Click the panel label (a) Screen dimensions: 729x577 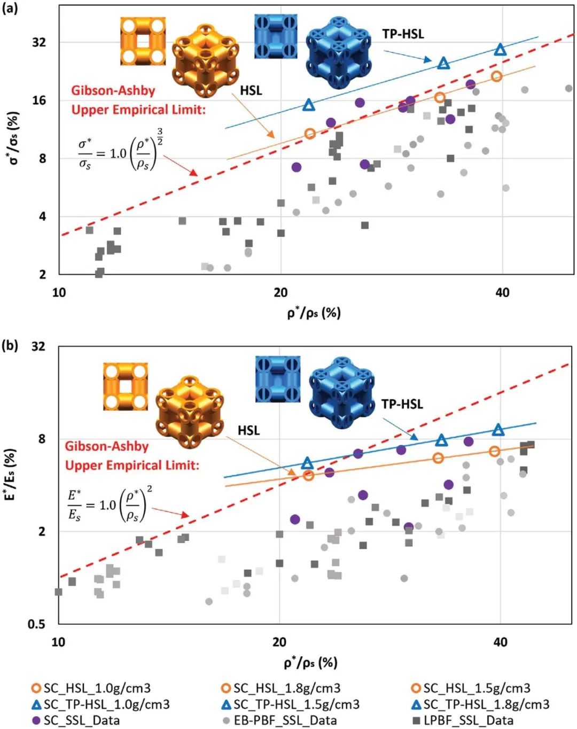point(10,9)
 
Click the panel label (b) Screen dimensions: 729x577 point(10,345)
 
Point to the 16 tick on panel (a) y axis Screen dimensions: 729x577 point(40,100)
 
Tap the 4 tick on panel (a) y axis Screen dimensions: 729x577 point(43,216)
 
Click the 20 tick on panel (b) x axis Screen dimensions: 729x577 point(279,641)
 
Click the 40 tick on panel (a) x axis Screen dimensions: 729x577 point(502,292)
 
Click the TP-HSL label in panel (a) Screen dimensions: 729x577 point(403,34)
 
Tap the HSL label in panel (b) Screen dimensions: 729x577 point(248,430)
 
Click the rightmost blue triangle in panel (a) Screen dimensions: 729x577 point(500,50)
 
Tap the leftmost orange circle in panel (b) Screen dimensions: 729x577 point(308,475)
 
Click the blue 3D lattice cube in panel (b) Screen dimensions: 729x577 point(342,393)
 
